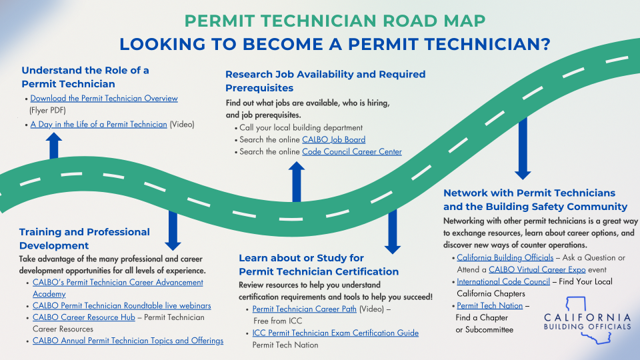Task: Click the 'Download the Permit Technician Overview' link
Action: pyautogui.click(x=104, y=99)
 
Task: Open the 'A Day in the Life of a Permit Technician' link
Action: pyautogui.click(x=99, y=125)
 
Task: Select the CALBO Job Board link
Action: pyautogui.click(x=333, y=139)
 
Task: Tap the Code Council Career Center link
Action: pyautogui.click(x=352, y=152)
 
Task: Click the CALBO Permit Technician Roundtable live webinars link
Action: pyautogui.click(x=121, y=306)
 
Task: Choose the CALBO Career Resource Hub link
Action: pyautogui.click(x=84, y=317)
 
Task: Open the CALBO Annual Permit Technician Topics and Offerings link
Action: pyautogui.click(x=128, y=341)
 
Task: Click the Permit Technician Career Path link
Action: pyautogui.click(x=304, y=309)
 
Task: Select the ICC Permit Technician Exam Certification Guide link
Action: pyautogui.click(x=335, y=333)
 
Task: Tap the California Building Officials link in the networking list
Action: pyautogui.click(x=505, y=257)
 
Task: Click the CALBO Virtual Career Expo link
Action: pyautogui.click(x=537, y=270)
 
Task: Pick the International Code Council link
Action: pyautogui.click(x=503, y=281)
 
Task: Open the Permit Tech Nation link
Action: pyautogui.click(x=489, y=306)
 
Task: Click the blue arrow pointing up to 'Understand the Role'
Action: pyautogui.click(x=54, y=146)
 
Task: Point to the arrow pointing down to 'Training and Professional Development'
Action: pyautogui.click(x=173, y=231)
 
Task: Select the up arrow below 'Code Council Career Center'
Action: pyautogui.click(x=296, y=181)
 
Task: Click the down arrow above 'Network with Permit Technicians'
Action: pyautogui.click(x=523, y=149)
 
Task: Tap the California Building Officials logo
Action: pyautogui.click(x=587, y=321)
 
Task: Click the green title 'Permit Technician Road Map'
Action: pyautogui.click(x=335, y=21)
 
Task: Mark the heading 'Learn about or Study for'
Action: pyautogui.click(x=301, y=258)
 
